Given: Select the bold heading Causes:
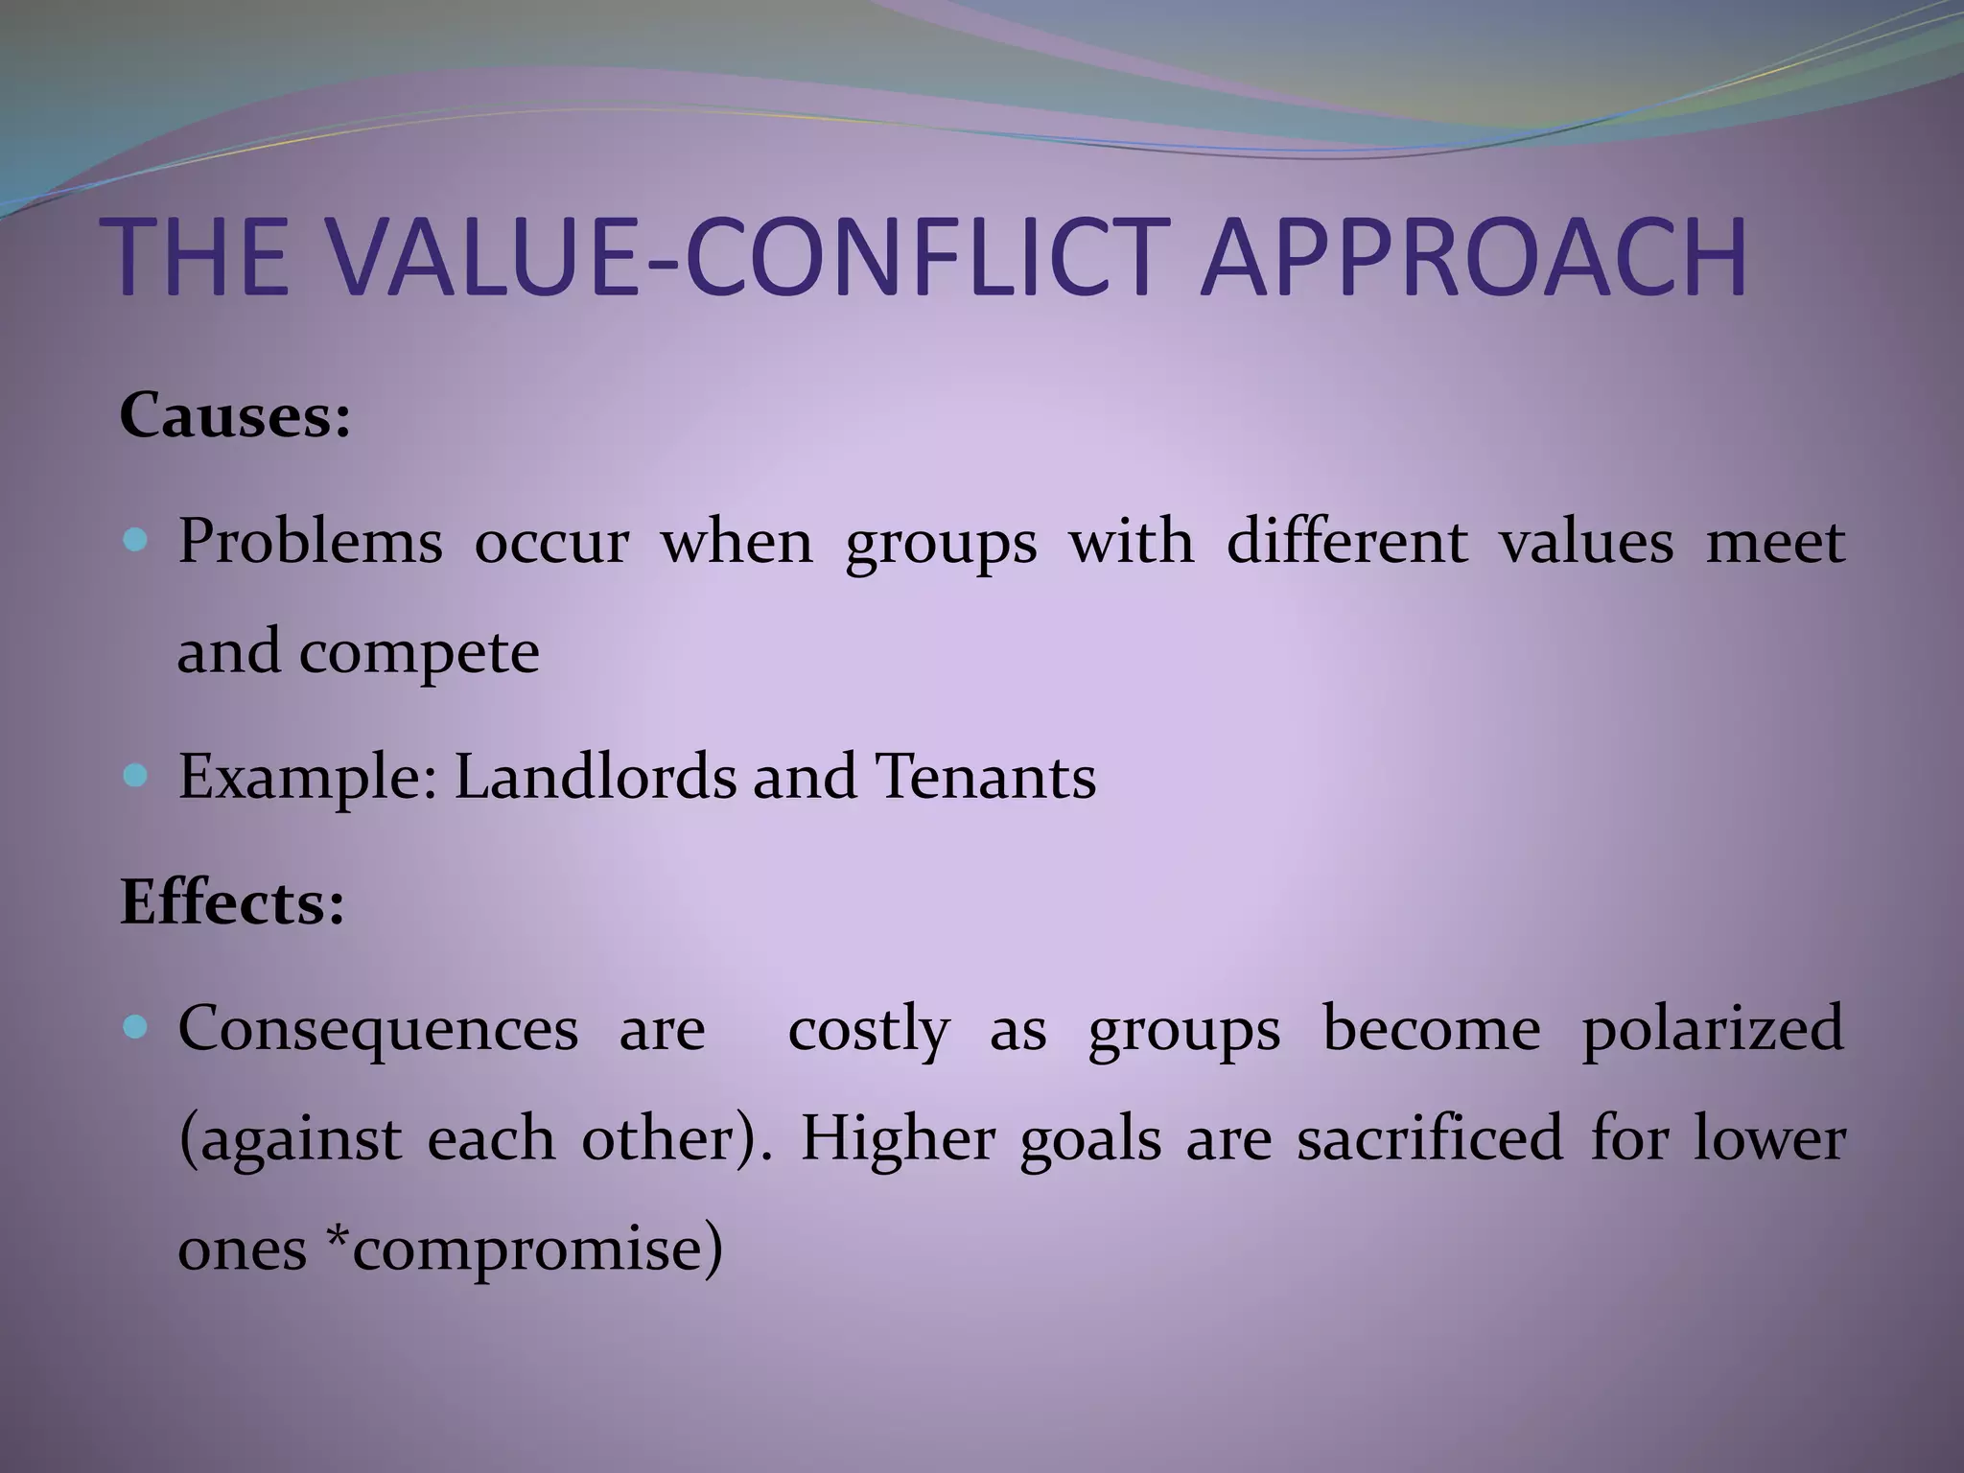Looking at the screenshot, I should tap(235, 416).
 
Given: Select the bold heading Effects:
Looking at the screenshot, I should tap(232, 903).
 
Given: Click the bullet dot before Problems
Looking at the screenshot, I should tap(136, 542).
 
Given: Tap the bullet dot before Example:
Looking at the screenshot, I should tap(136, 776).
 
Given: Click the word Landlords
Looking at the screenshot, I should tap(595, 776).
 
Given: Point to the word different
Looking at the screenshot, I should tap(1347, 542).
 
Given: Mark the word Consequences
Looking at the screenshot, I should tap(378, 1029).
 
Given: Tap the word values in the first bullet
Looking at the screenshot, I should tap(1586, 542).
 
